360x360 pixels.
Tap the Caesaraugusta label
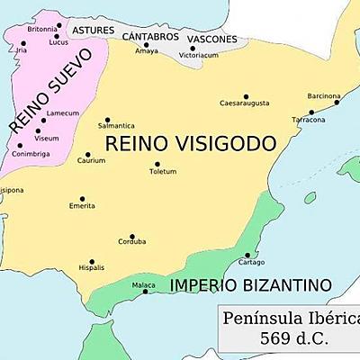(244, 103)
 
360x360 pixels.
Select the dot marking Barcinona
(337, 102)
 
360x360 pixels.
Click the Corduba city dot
(132, 236)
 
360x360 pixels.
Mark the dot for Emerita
(82, 199)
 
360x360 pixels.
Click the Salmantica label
(119, 125)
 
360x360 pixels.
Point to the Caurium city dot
(89, 154)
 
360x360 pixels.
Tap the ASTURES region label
(94, 31)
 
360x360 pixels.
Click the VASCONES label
(212, 40)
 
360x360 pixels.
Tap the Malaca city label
(143, 284)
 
